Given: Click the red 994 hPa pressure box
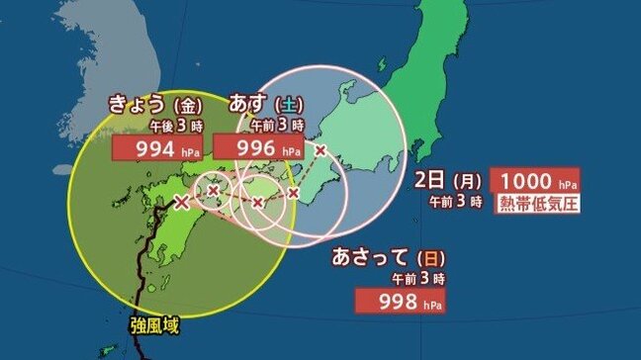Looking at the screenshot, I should point(157,149).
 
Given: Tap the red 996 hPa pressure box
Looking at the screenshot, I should point(257,149).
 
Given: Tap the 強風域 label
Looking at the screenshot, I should point(155,324).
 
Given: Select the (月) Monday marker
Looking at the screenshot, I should point(467,181).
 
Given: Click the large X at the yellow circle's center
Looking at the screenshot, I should point(181,203).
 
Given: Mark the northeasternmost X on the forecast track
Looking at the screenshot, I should point(320,150).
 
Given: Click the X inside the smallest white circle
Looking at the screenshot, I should point(214,190).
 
